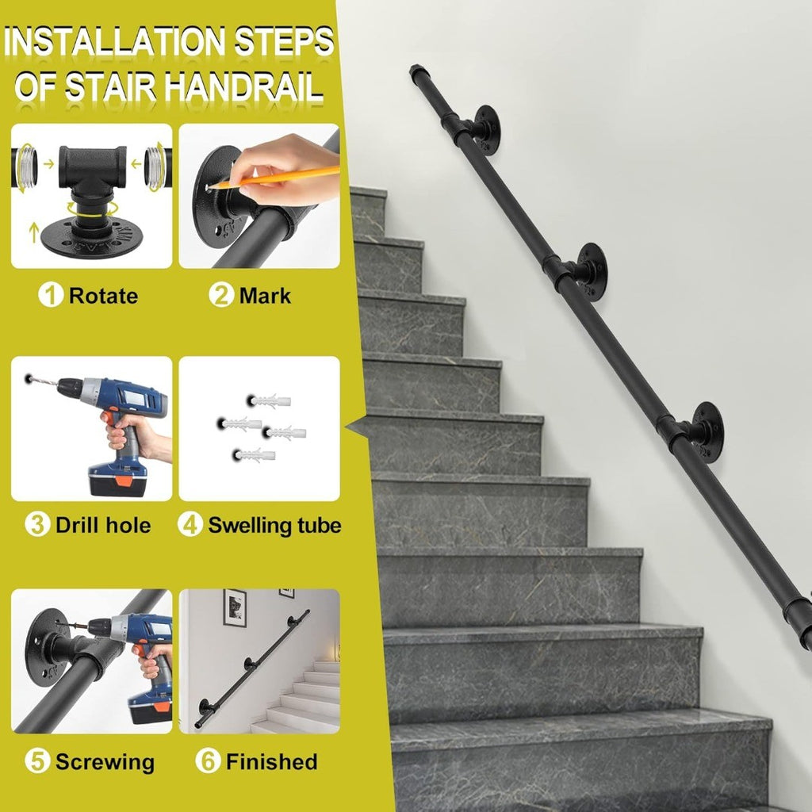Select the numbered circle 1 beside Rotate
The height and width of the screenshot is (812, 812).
tap(51, 295)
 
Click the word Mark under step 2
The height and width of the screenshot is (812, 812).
tap(265, 296)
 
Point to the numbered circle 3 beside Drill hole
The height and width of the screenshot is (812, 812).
tap(37, 524)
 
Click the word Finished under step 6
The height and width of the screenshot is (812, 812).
tap(271, 762)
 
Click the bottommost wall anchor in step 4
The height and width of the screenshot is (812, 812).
tap(254, 456)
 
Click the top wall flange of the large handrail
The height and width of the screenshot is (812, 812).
tap(487, 130)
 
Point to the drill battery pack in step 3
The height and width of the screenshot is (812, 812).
tap(117, 479)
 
